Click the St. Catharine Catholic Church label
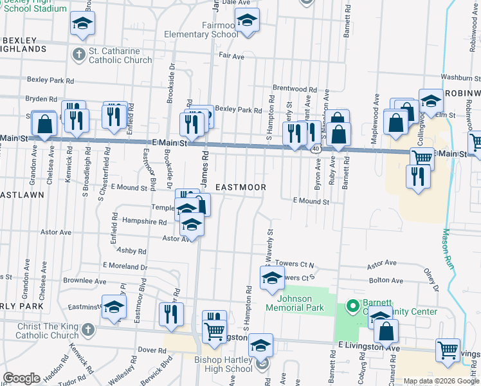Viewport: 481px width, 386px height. click(x=121, y=55)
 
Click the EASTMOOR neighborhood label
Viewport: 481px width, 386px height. click(x=240, y=187)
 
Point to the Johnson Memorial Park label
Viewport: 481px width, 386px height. click(x=304, y=303)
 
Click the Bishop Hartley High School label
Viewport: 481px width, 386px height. click(x=224, y=364)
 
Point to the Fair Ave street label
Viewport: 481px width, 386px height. click(x=231, y=57)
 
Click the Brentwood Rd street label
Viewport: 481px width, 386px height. click(x=295, y=89)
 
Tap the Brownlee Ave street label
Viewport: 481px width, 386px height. click(x=84, y=281)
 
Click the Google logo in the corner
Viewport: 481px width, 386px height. click(x=21, y=378)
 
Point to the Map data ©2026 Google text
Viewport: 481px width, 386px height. click(x=440, y=381)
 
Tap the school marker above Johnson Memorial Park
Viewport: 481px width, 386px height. click(x=272, y=279)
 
